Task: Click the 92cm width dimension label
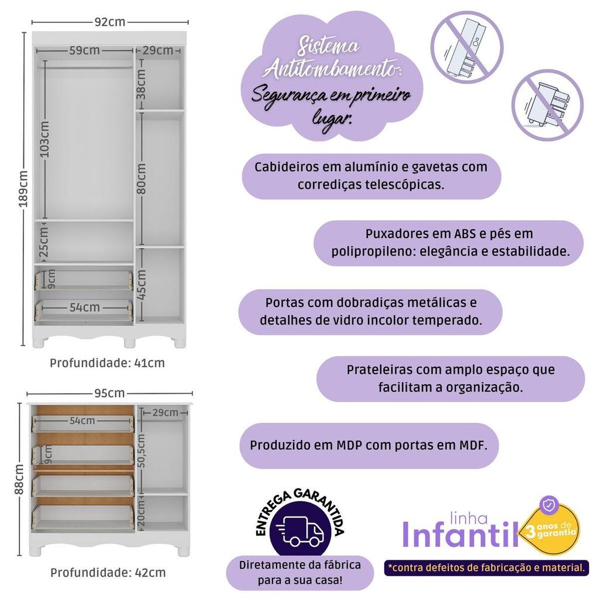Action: [110, 22]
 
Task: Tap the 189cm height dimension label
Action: [23, 189]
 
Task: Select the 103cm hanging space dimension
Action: [44, 139]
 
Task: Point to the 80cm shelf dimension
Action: [142, 179]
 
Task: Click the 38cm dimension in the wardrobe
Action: [141, 84]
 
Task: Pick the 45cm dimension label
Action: [142, 285]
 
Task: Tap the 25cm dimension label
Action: [44, 242]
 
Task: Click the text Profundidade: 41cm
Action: [108, 363]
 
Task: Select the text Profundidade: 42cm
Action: [108, 573]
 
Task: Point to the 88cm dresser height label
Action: [19, 479]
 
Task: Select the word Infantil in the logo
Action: [461, 535]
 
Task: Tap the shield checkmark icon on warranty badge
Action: [549, 505]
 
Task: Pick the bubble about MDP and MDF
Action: [369, 445]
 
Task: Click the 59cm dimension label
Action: [84, 50]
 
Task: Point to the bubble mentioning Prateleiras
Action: [450, 378]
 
